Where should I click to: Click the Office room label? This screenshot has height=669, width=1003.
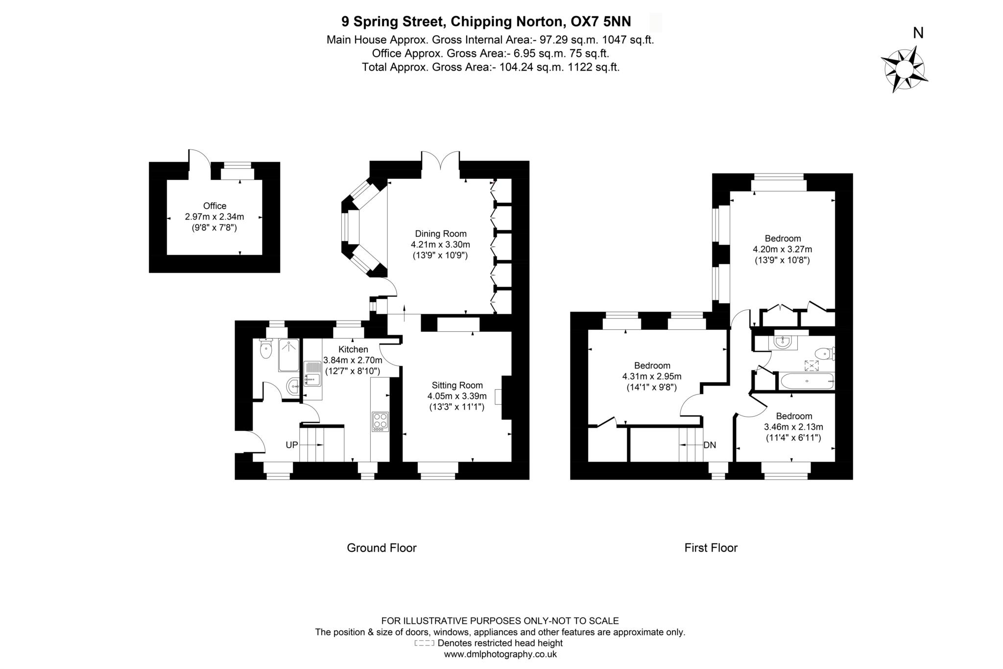(x=215, y=206)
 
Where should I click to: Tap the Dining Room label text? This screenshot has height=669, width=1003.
(x=440, y=234)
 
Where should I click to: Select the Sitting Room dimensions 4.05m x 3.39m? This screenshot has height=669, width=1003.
(x=456, y=396)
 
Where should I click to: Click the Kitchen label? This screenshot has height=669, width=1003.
(x=353, y=349)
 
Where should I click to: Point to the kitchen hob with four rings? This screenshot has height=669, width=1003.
(x=381, y=421)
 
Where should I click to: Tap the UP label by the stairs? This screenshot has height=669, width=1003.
(x=292, y=445)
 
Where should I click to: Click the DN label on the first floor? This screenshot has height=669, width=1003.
(x=709, y=445)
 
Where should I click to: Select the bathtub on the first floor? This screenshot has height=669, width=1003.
(x=806, y=381)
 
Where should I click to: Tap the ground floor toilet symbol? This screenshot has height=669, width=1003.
(x=266, y=349)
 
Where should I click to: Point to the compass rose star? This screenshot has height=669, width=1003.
(x=904, y=69)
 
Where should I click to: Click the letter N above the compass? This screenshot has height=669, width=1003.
(x=918, y=33)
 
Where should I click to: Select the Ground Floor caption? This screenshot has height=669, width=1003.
(x=382, y=547)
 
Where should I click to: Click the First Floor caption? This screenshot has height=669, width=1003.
(x=711, y=547)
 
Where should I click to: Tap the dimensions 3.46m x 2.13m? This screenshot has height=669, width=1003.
(x=793, y=427)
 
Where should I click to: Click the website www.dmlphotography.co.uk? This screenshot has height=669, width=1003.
(x=500, y=654)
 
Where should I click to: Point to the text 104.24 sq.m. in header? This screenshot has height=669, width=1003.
(x=531, y=67)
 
